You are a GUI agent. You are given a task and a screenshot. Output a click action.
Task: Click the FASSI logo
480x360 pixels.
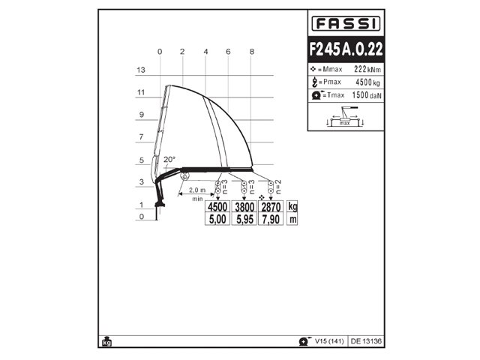[346, 23]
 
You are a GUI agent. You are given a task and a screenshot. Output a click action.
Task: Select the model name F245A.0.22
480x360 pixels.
[346, 49]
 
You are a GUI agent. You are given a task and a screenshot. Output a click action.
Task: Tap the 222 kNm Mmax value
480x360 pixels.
[358, 69]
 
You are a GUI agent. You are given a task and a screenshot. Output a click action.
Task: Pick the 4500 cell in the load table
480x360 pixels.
[217, 207]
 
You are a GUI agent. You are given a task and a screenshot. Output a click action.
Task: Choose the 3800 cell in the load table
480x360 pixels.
[244, 207]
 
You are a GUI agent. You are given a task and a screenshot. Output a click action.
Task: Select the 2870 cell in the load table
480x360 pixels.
[270, 207]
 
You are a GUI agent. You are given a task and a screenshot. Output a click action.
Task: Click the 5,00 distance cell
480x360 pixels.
[217, 219]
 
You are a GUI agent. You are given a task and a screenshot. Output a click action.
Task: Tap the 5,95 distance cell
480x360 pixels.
[244, 219]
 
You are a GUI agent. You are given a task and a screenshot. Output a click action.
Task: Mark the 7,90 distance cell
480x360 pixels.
[270, 219]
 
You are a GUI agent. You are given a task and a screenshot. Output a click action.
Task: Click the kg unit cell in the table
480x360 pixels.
[293, 207]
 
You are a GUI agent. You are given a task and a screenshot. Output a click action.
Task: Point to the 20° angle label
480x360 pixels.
[169, 160]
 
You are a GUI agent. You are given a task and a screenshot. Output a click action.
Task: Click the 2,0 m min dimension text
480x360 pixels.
[198, 190]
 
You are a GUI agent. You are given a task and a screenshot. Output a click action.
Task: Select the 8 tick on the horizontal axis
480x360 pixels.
[252, 51]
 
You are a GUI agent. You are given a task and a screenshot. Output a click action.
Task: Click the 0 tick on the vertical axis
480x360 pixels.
[139, 217]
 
